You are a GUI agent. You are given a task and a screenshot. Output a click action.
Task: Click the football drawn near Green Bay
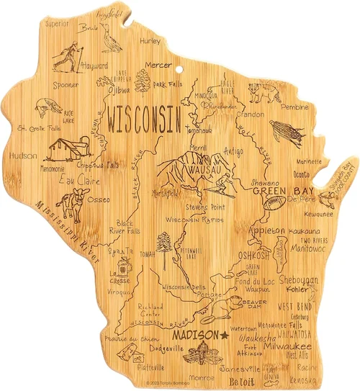coord(275,205)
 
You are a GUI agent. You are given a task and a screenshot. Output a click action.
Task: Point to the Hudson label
coord(24,156)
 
